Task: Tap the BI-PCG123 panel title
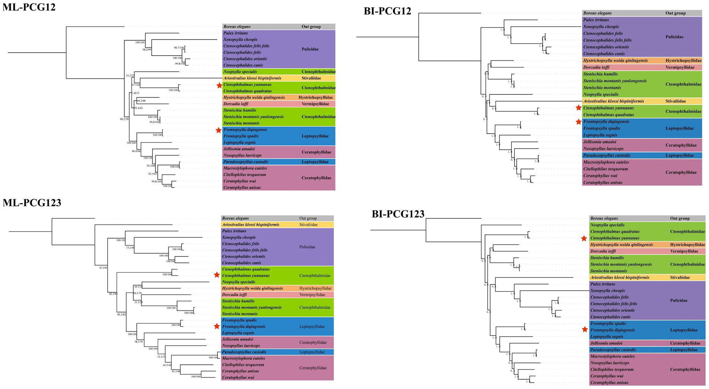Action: [x=398, y=214]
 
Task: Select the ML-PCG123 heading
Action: [x=32, y=203]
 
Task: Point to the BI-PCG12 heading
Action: [x=387, y=11]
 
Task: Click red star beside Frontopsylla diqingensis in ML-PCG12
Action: [x=218, y=130]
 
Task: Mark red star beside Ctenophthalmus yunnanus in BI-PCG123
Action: [x=584, y=238]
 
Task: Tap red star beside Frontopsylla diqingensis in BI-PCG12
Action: [x=578, y=122]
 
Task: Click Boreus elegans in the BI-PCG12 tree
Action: [x=597, y=13]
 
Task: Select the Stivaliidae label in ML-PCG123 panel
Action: [x=308, y=225]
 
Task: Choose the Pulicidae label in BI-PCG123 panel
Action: [x=678, y=301]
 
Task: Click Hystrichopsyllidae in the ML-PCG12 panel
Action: [x=315, y=97]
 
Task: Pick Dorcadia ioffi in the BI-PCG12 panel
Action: [x=596, y=67]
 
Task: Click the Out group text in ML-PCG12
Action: [x=311, y=27]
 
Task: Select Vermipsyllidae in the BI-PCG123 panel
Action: [x=684, y=251]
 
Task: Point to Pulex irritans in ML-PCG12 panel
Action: [x=236, y=33]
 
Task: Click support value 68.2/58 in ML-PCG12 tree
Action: [x=125, y=119]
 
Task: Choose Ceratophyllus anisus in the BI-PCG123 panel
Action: [x=609, y=383]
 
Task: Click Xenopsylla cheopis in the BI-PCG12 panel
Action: [x=601, y=27]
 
